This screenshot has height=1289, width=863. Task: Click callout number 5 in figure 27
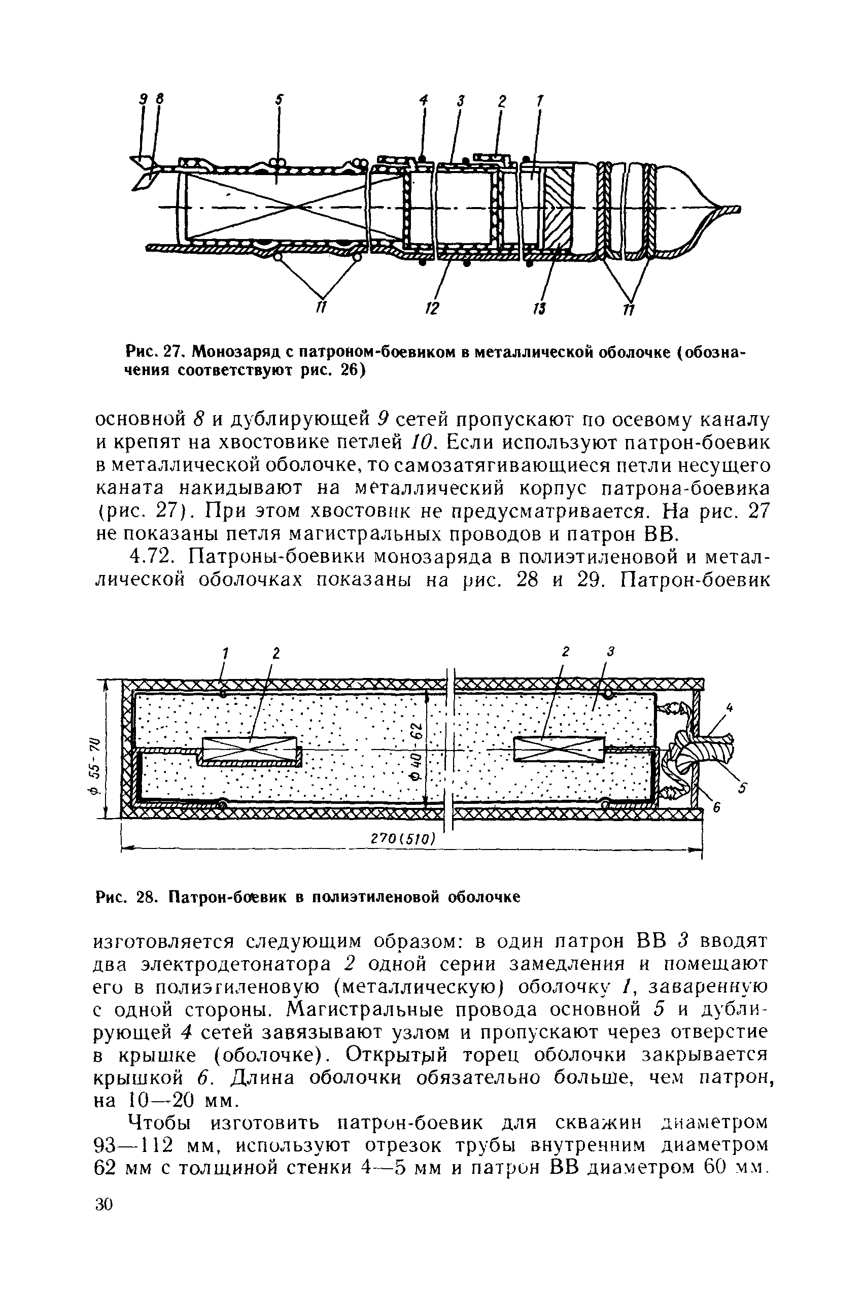click(279, 100)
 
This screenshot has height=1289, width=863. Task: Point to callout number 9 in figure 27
click(143, 100)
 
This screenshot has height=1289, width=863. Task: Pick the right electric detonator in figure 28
click(558, 749)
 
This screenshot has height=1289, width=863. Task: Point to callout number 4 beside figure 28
click(729, 709)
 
